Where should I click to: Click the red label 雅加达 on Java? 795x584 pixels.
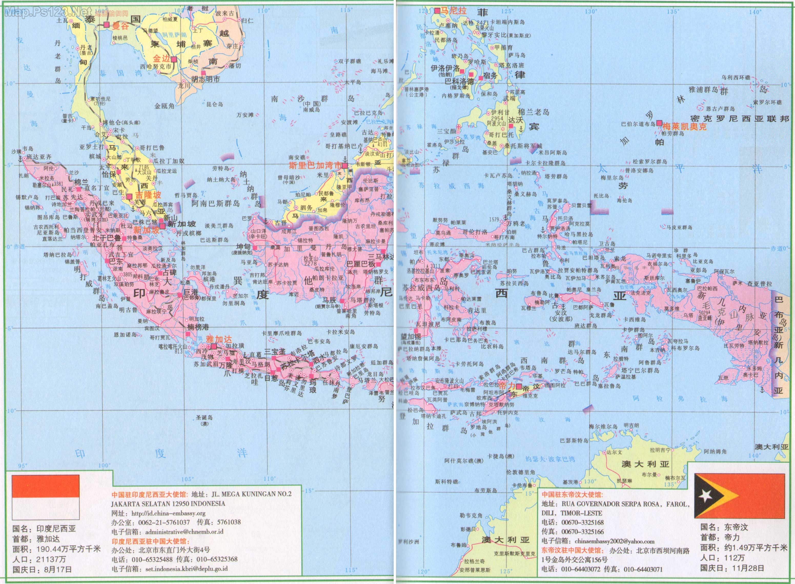point(219,339)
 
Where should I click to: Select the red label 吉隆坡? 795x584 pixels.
point(148,195)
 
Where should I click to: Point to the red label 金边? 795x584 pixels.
point(161,59)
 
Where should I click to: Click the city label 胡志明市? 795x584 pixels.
point(205,79)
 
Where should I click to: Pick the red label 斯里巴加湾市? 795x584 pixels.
point(315,165)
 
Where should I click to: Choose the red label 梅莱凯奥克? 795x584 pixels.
point(684,126)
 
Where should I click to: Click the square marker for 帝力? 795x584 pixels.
point(519,386)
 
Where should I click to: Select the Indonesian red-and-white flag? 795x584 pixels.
point(46,497)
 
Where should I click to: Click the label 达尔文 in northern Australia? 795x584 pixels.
point(614,452)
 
